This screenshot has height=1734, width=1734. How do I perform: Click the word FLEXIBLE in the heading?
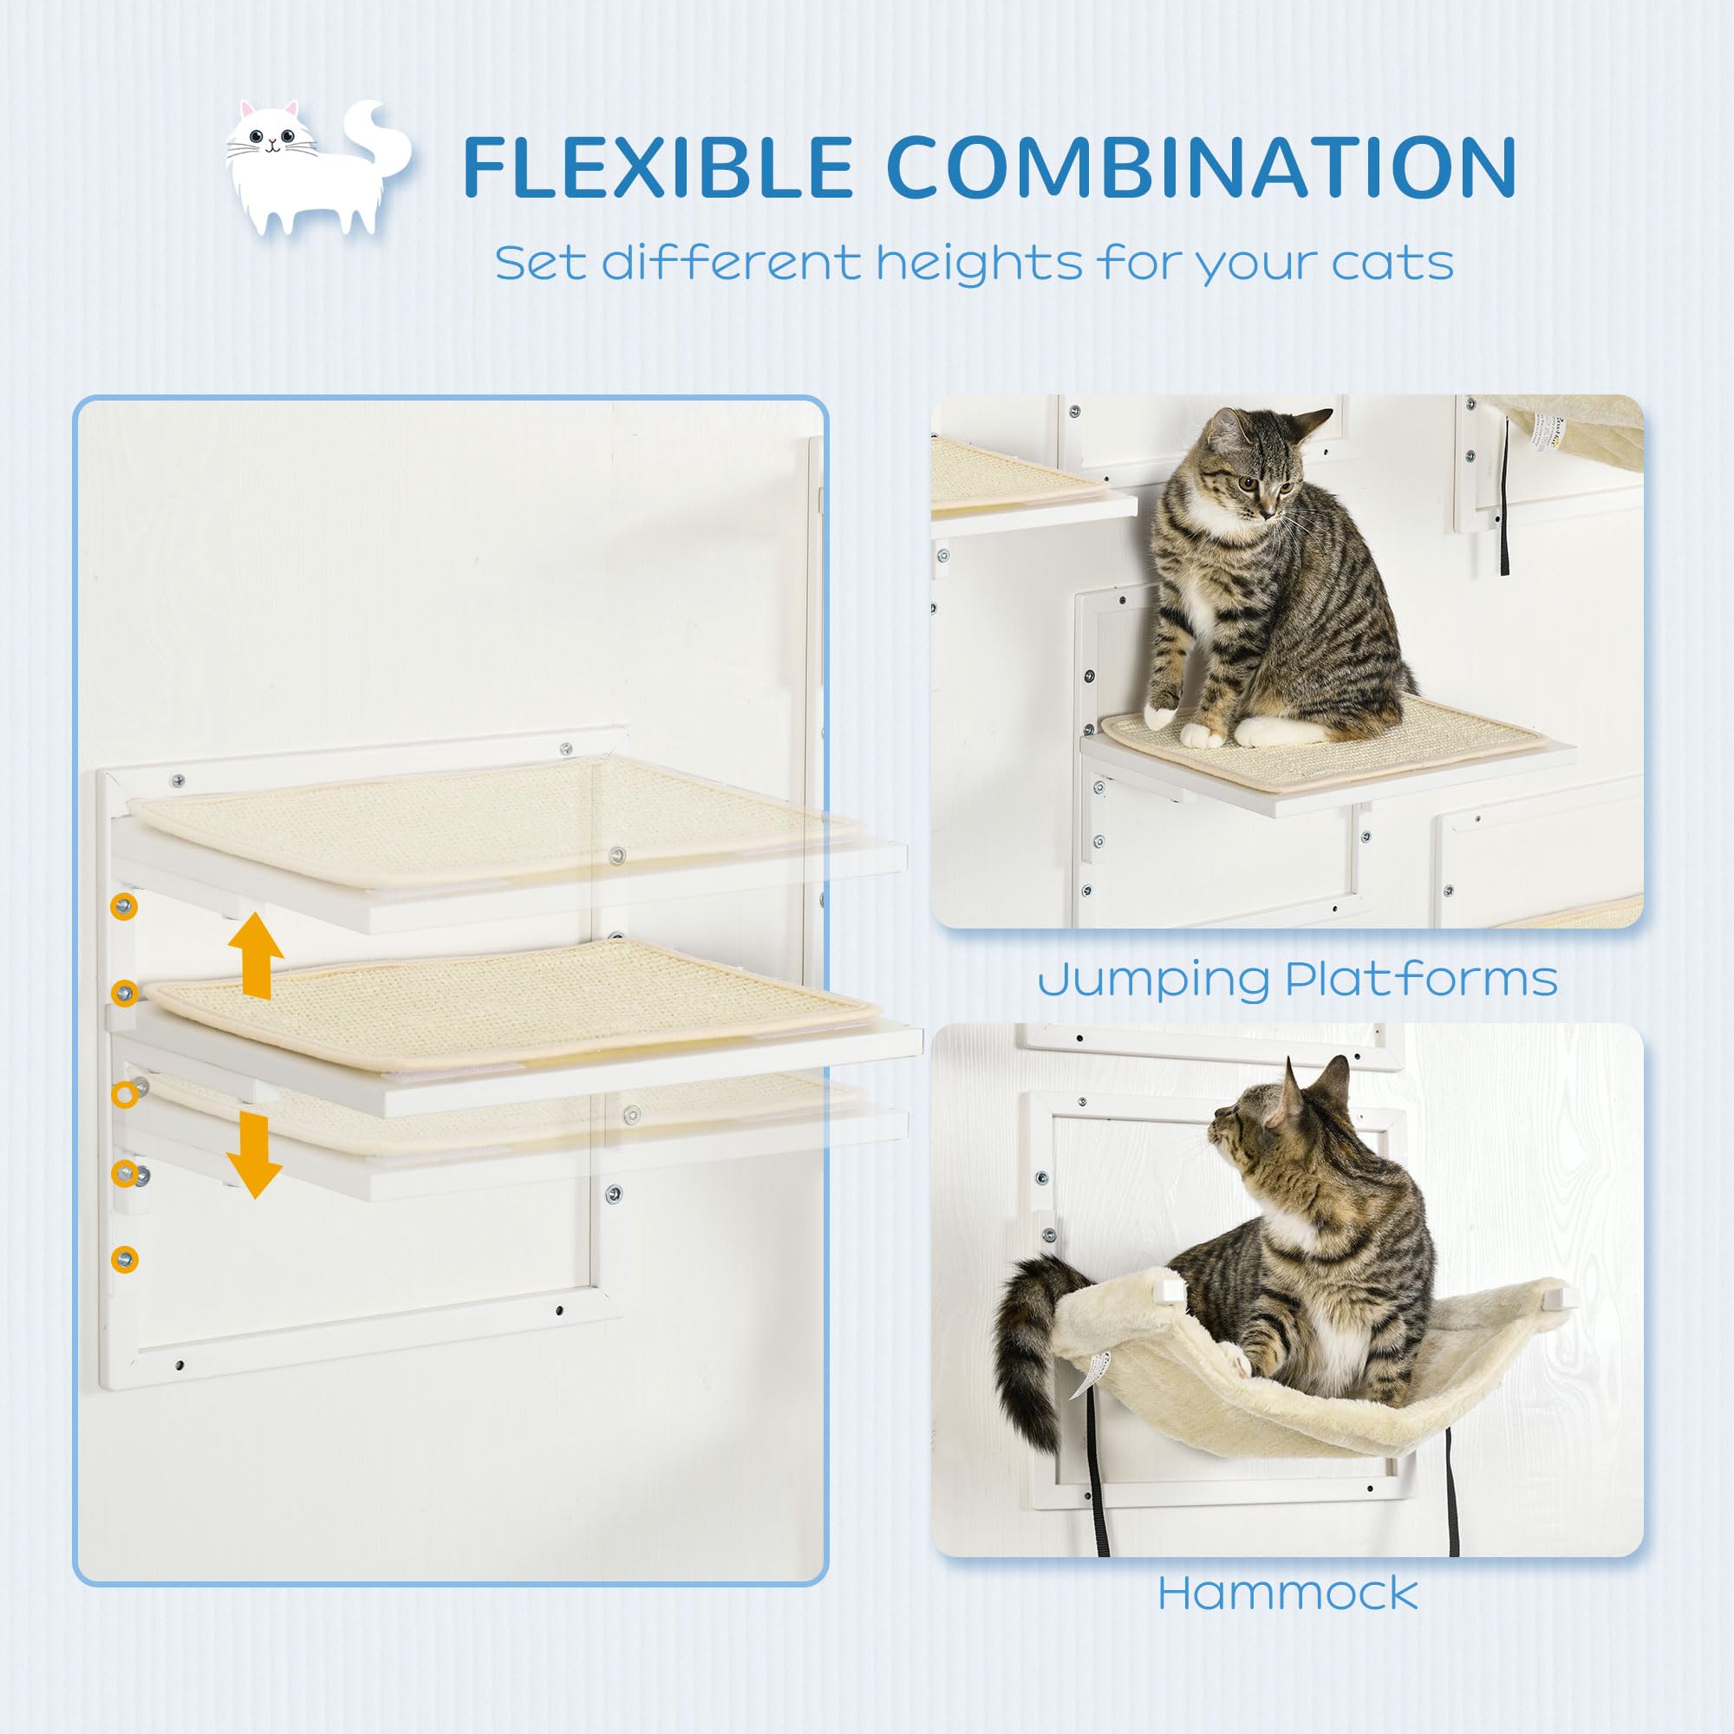coord(656,167)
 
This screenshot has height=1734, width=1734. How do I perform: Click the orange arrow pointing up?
coord(256,955)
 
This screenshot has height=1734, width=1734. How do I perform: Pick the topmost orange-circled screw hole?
coord(124,907)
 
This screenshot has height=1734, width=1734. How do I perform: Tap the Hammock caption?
coord(1288,1593)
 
